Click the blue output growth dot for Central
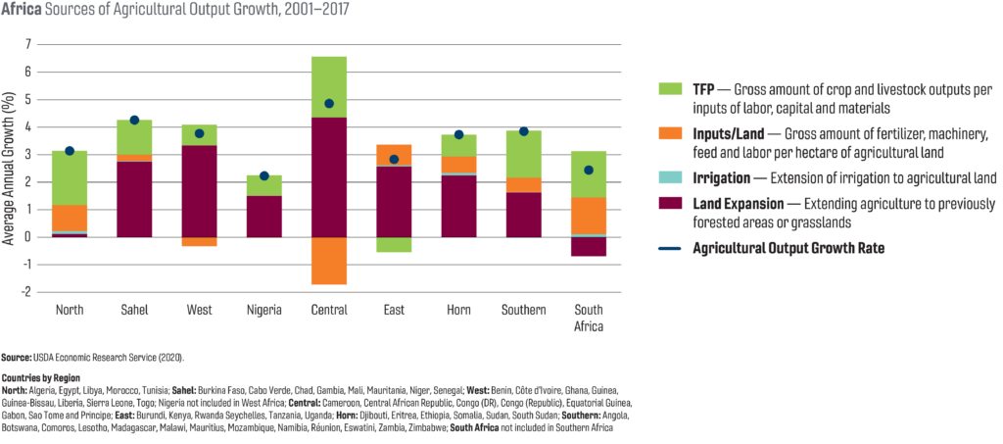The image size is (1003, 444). (329, 104)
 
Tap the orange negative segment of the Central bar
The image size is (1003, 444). (329, 261)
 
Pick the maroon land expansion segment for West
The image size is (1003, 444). (199, 191)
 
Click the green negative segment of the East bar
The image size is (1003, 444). (394, 245)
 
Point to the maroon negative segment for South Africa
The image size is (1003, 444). (588, 246)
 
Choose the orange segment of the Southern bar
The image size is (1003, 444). (523, 185)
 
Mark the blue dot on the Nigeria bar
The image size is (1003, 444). (263, 175)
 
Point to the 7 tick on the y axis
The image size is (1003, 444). (29, 45)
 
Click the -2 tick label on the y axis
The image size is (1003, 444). (27, 292)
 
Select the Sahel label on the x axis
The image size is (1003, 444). (134, 311)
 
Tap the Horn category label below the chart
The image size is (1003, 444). (458, 311)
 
